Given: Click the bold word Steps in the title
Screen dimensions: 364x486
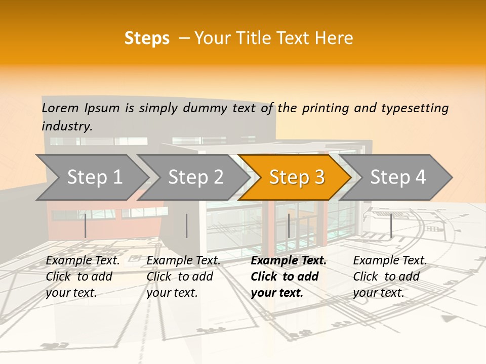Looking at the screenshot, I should click(147, 38).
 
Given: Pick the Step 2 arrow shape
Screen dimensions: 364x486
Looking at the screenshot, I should click(195, 177).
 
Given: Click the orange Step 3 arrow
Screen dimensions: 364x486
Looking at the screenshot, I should click(297, 177).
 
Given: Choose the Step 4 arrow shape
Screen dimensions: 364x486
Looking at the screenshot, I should click(398, 177).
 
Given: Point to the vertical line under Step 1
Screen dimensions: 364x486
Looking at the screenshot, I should click(86, 225).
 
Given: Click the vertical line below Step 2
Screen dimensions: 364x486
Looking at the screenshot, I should click(187, 225).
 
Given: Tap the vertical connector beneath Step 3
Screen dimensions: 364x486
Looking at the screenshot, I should click(289, 225).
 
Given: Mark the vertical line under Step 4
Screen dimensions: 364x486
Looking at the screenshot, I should click(391, 225).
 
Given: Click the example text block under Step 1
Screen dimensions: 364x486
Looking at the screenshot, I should click(83, 277).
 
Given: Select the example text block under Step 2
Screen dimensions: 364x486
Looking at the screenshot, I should click(183, 277).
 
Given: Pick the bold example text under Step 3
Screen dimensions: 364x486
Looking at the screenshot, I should click(289, 277).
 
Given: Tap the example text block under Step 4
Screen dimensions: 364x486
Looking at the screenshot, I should click(390, 277).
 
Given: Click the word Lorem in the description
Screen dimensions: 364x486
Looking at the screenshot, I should click(60, 108).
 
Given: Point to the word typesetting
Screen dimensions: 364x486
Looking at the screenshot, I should click(415, 108).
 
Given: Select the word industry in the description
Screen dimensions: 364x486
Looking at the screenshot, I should click(67, 126).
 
